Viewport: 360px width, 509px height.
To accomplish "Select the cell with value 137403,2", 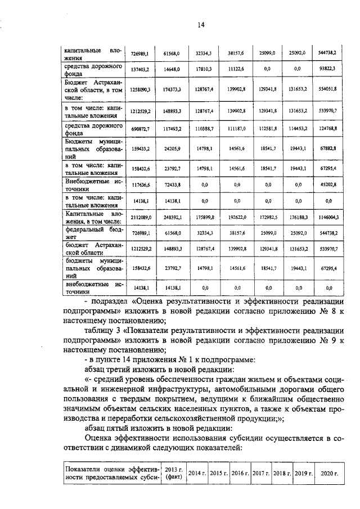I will coord(139,69).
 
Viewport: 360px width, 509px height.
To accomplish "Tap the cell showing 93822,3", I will coord(327,69).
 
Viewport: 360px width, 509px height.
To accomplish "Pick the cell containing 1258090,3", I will coord(139,89).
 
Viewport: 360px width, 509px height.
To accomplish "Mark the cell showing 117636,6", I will coord(139,184).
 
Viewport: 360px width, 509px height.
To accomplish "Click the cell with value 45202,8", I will coord(327,184).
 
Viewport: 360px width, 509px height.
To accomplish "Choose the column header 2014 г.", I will coord(197,472).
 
